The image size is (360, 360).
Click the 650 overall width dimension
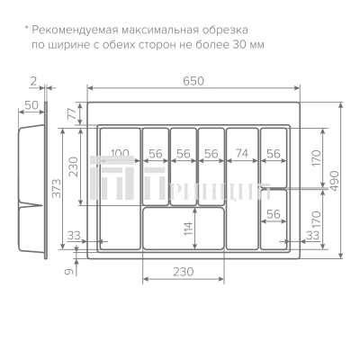193,81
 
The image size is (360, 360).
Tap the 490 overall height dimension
334,181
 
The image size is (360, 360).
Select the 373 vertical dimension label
56,188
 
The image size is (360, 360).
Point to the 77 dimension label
72,113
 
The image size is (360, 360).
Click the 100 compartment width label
120,154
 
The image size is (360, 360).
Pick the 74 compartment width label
242,153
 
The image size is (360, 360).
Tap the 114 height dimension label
188,229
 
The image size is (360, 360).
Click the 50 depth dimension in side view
31,105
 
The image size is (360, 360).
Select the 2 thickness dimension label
33,81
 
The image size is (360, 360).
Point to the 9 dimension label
69,272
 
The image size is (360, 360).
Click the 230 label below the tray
184,272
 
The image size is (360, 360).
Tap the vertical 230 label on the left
73,166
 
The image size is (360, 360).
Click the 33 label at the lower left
74,236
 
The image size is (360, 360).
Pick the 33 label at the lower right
312,236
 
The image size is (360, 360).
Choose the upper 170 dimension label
316,158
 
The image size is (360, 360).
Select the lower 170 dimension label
316,219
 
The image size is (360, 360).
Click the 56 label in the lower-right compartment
274,214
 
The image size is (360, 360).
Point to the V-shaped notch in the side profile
31,205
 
